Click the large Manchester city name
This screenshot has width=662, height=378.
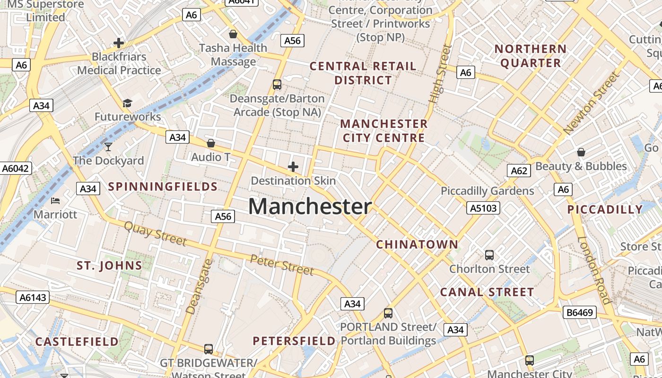[310, 207]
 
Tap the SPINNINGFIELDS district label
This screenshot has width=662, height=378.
[163, 187]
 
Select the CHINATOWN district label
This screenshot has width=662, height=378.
[417, 245]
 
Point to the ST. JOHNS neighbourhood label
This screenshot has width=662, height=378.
[109, 266]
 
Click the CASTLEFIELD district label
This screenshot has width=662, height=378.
[77, 342]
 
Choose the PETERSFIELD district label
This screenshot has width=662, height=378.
[294, 341]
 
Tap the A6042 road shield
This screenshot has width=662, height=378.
[16, 168]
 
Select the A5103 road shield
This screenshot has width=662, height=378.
[483, 208]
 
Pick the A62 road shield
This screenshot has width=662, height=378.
[519, 171]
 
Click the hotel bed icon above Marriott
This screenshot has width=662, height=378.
[55, 200]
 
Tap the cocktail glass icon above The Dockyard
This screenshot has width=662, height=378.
[108, 146]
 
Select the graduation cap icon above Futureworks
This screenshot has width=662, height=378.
[127, 103]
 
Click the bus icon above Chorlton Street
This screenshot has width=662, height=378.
[489, 255]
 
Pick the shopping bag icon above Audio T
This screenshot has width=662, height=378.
[211, 143]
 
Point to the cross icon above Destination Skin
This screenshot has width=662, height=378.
[293, 167]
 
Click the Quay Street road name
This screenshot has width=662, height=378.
[155, 233]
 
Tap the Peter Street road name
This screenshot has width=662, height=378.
[282, 265]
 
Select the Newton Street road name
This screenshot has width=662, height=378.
[591, 103]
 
